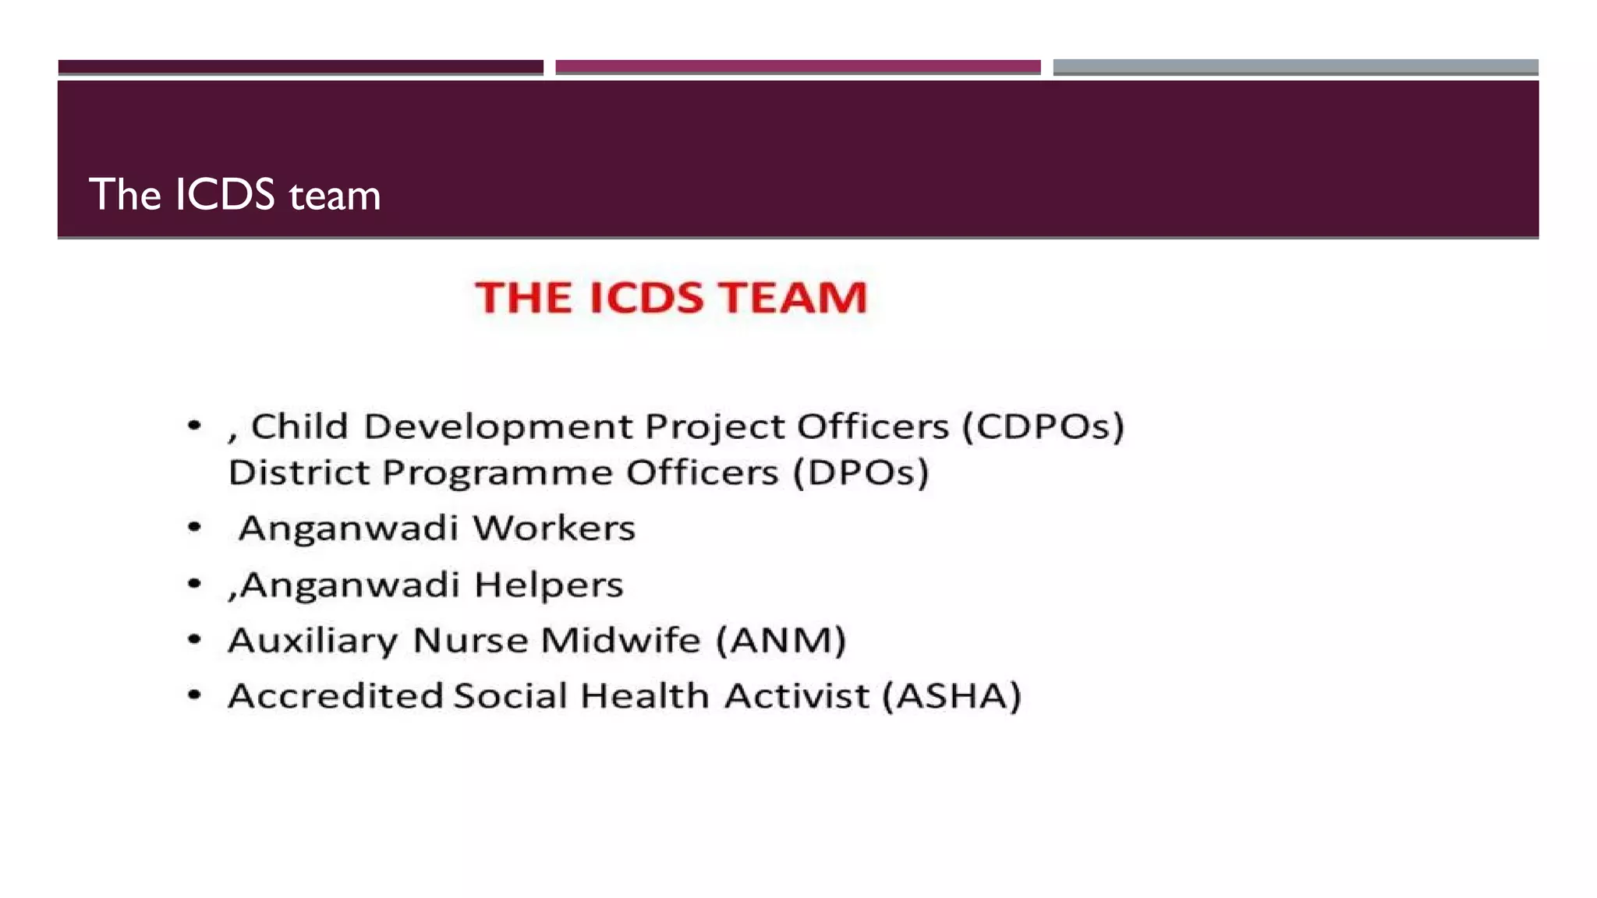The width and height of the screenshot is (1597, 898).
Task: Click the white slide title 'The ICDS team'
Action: tap(235, 195)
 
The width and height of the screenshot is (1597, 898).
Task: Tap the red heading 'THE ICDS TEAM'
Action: tap(671, 298)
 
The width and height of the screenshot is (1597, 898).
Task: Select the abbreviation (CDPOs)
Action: tap(1043, 426)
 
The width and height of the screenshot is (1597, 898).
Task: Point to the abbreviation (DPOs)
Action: tap(861, 472)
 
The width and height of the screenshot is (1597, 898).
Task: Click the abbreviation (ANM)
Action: tap(781, 641)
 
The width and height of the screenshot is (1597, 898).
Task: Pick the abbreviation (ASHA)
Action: tap(951, 696)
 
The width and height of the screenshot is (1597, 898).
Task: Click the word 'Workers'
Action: tap(554, 529)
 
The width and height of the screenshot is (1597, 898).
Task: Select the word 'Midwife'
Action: tap(621, 641)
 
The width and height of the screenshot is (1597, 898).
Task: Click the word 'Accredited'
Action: tap(335, 696)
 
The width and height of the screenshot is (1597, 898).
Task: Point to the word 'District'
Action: tap(299, 472)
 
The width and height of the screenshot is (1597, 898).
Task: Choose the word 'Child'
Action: tap(299, 426)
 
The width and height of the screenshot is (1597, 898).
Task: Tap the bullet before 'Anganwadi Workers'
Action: tap(195, 528)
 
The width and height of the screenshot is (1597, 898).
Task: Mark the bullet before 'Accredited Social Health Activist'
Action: tap(195, 695)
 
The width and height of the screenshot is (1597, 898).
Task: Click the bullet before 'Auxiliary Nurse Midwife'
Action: tap(195, 640)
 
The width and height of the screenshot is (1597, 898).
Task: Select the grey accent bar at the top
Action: tap(1295, 67)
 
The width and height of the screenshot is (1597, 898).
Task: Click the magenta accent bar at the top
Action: tap(798, 67)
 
